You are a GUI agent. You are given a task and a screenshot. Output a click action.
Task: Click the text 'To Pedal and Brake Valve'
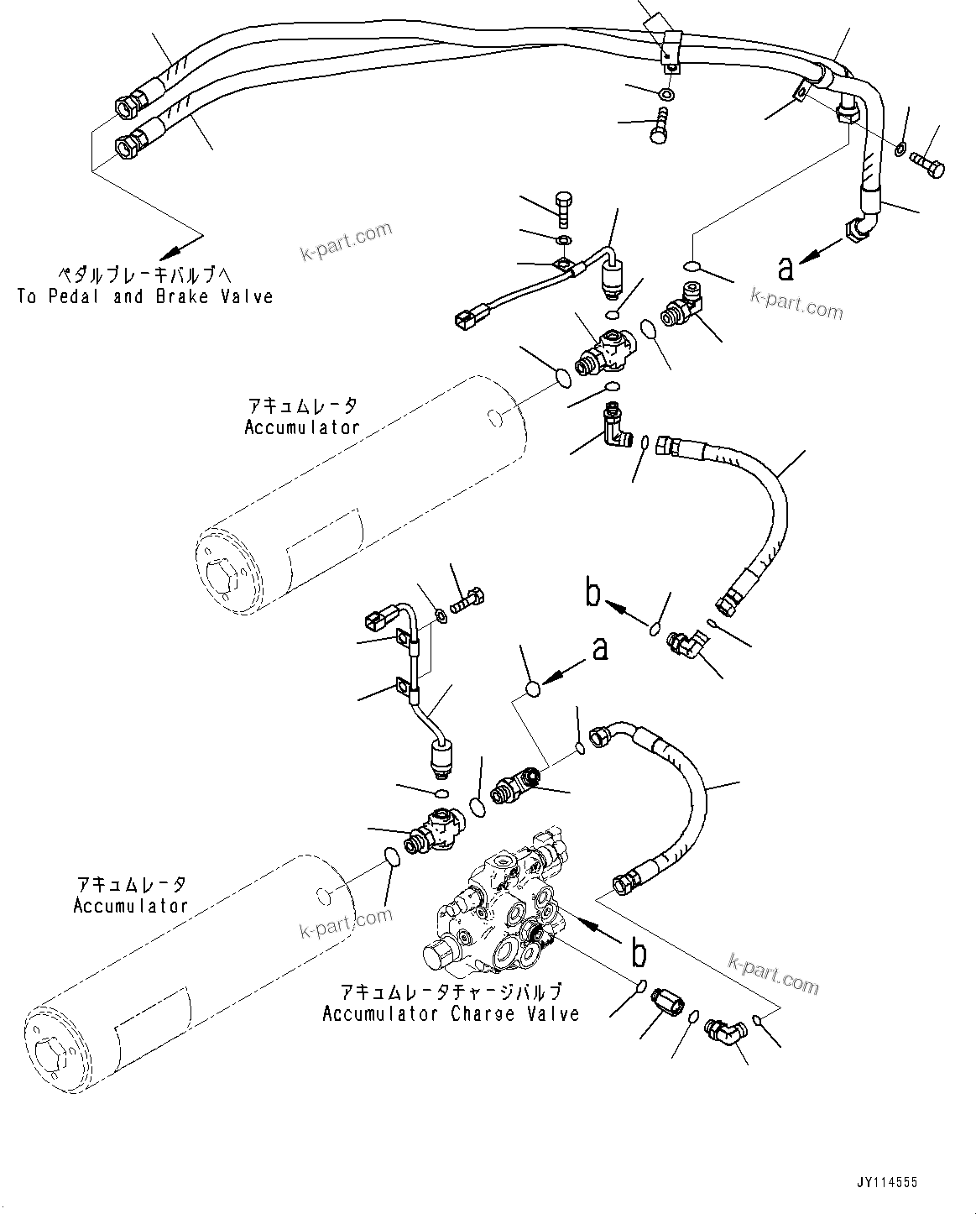(144, 296)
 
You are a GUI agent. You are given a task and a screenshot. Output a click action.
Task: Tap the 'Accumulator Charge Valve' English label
(451, 1013)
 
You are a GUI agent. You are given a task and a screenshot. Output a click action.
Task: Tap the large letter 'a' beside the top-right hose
(785, 268)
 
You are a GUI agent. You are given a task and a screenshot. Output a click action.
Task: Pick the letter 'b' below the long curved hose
(593, 595)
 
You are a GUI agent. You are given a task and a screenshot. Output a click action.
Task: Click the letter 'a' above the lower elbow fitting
(600, 649)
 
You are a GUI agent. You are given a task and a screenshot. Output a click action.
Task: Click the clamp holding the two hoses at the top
(670, 47)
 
